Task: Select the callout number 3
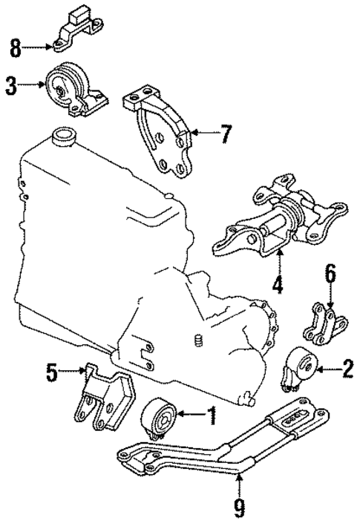point(10,87)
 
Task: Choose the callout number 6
point(329,276)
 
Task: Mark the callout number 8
point(15,50)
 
